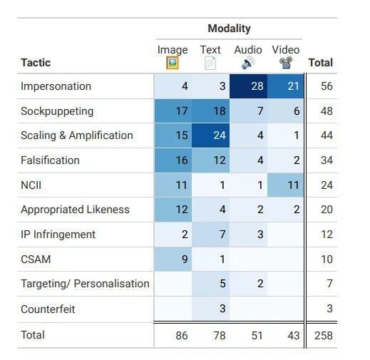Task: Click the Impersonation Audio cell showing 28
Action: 248,86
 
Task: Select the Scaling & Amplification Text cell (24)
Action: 211,135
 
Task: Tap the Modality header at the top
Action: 229,29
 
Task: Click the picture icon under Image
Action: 173,63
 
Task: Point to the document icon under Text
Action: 210,63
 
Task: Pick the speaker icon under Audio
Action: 248,63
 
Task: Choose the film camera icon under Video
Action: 286,63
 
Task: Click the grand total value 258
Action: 324,336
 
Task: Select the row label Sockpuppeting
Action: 57,111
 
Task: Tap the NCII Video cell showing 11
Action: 286,185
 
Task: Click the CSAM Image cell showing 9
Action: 173,259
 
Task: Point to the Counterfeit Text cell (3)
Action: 211,309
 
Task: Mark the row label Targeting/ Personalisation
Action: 85,284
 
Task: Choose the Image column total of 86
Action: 182,336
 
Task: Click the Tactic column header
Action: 36,63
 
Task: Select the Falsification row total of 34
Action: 327,160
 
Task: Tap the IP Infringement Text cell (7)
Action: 211,235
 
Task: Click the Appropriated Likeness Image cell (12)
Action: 173,210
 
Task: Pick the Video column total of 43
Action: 294,336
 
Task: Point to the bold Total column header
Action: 321,63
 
